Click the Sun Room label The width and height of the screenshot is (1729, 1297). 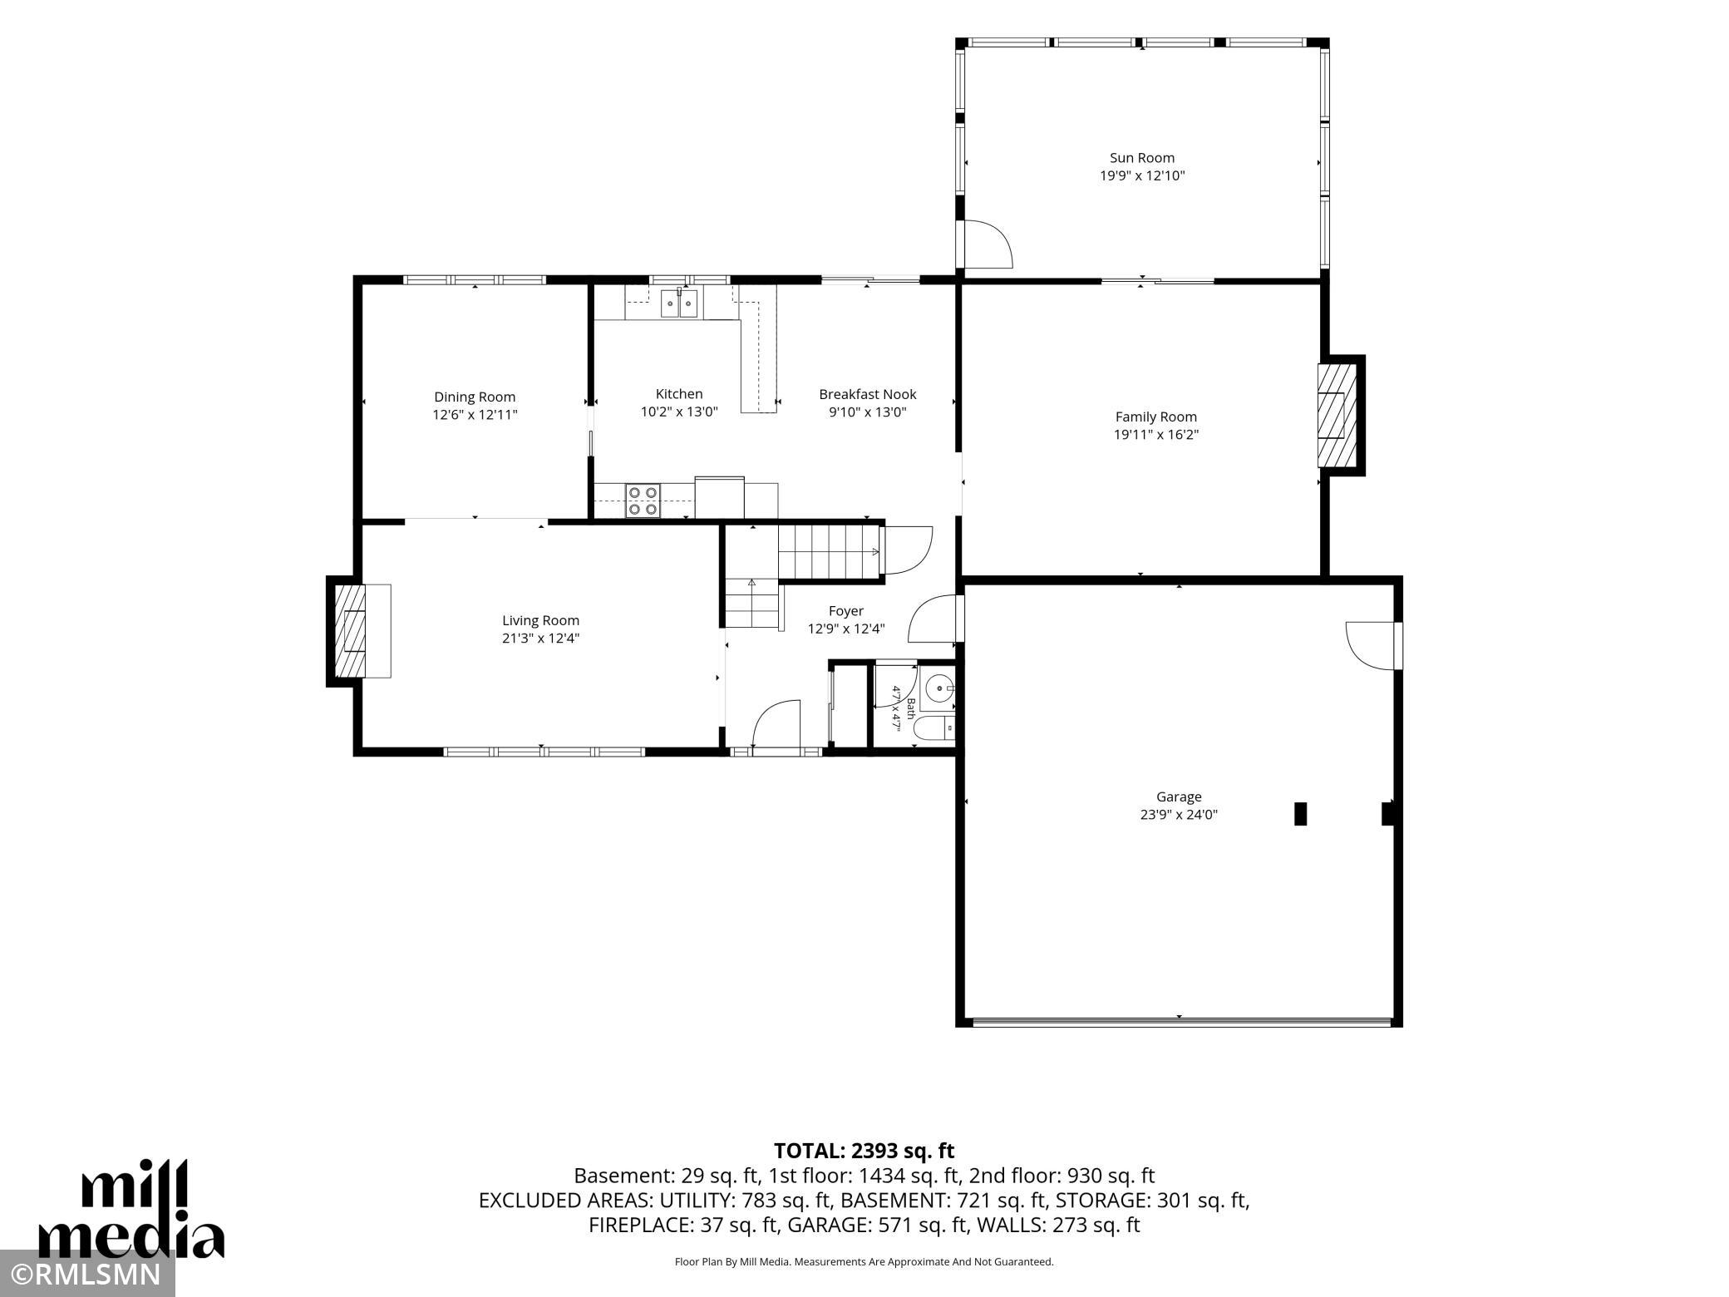(1142, 158)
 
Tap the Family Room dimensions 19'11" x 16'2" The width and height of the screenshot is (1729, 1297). (1156, 435)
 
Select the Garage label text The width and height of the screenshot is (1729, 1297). (1179, 796)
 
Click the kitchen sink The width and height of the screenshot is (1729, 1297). (679, 303)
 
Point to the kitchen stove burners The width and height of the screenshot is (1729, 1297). (643, 501)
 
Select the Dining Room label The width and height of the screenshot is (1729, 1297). (475, 397)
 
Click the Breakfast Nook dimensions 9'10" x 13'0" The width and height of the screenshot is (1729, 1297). (867, 412)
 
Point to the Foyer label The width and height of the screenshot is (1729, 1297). (846, 611)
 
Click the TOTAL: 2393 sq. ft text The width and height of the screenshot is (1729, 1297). (864, 1151)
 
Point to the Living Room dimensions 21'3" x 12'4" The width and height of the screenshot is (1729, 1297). (541, 639)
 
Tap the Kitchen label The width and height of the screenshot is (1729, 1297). (679, 394)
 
